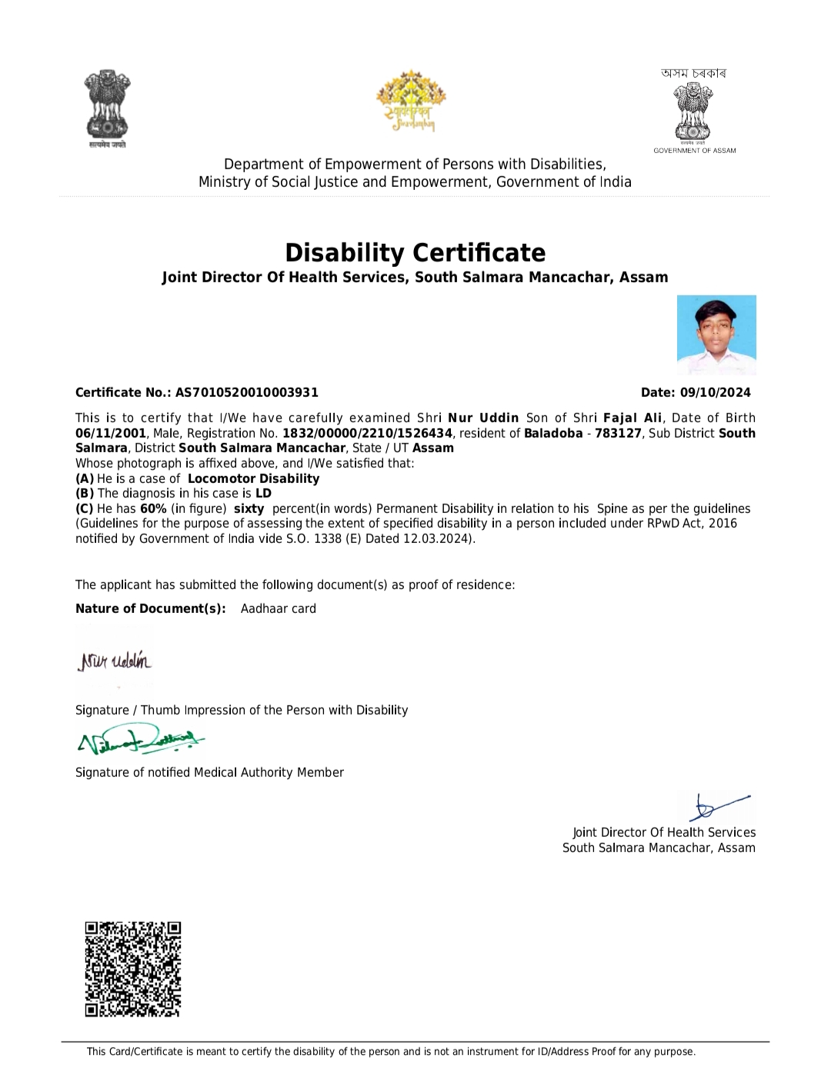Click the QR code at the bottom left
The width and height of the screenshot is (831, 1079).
click(x=132, y=969)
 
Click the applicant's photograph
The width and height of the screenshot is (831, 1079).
click(x=716, y=335)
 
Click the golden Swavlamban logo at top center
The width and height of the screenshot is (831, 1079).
click(x=411, y=101)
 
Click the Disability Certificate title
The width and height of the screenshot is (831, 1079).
click(x=415, y=252)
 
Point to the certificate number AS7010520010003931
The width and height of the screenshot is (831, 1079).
click(x=246, y=392)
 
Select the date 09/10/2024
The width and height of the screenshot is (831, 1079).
click(x=715, y=392)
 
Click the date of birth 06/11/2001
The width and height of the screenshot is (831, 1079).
click(x=110, y=433)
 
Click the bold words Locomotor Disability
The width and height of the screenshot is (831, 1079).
click(x=253, y=478)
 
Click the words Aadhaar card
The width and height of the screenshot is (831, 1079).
click(x=278, y=608)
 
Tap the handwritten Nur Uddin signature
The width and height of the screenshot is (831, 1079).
click(x=115, y=661)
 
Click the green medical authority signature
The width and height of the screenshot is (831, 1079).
click(x=140, y=741)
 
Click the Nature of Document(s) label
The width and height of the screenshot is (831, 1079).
click(x=151, y=608)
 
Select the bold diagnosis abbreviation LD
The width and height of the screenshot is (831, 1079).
click(x=263, y=494)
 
